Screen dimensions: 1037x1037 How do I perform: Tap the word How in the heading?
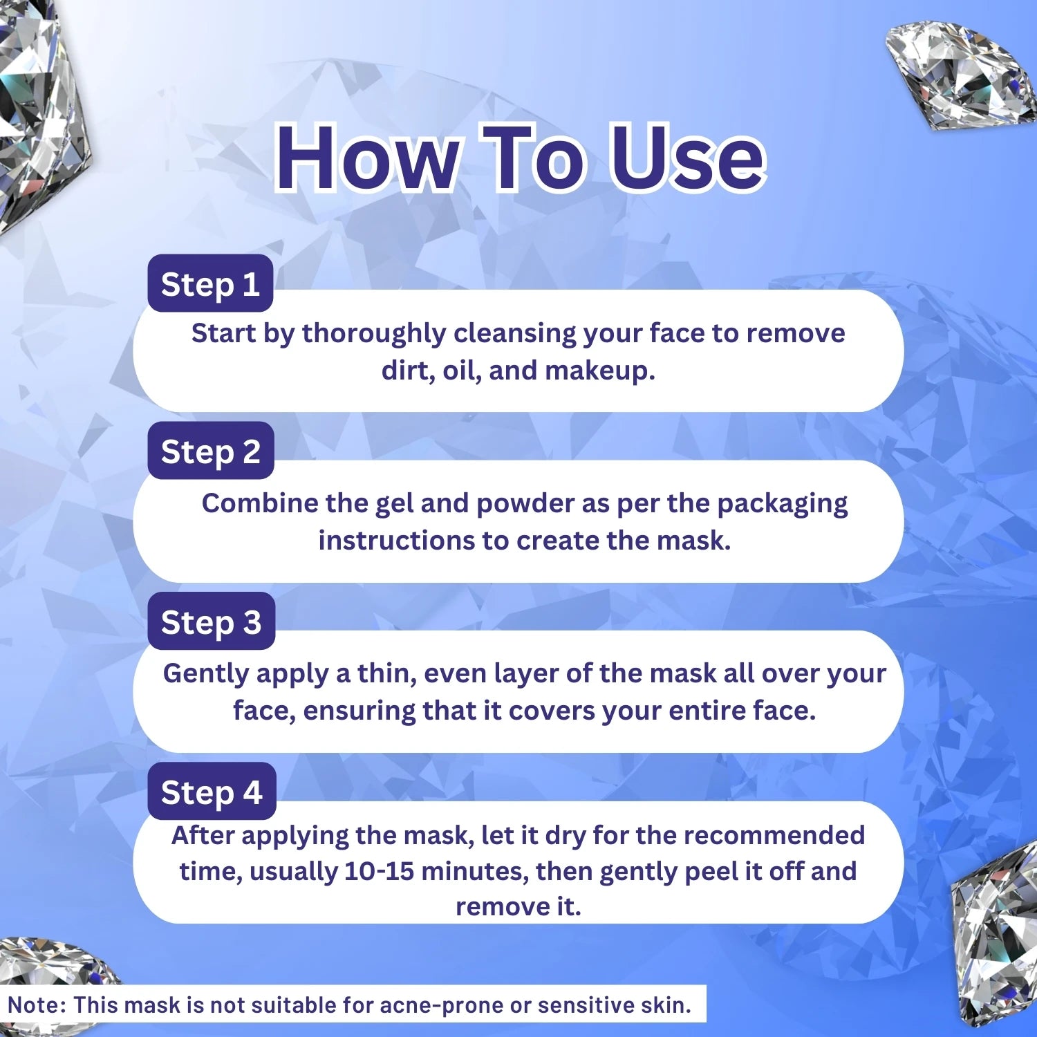(x=367, y=158)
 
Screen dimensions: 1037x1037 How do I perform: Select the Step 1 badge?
(x=210, y=284)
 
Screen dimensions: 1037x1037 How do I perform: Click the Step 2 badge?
(x=211, y=451)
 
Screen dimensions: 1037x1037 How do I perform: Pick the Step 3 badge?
(x=212, y=622)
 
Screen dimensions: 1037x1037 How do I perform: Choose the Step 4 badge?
(x=212, y=792)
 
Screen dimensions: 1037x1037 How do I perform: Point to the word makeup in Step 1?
(x=599, y=371)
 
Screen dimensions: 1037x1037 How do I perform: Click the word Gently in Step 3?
(x=205, y=674)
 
